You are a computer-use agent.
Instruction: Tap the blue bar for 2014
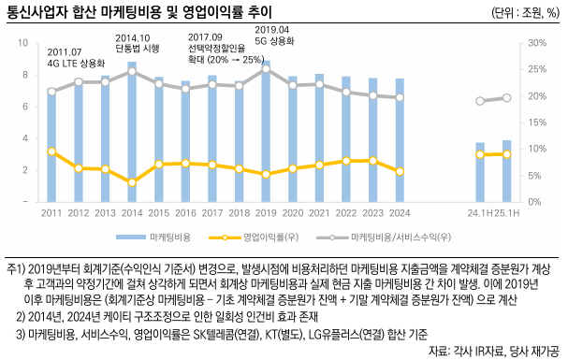click(132, 131)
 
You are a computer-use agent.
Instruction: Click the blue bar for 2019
click(267, 131)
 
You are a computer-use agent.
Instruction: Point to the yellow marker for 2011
click(51, 151)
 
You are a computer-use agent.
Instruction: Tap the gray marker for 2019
click(267, 68)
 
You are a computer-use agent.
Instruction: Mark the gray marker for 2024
click(401, 97)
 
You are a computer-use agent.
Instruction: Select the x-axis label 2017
click(212, 213)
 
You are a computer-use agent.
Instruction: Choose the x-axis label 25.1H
click(507, 213)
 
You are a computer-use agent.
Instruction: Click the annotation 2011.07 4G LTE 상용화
click(77, 57)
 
